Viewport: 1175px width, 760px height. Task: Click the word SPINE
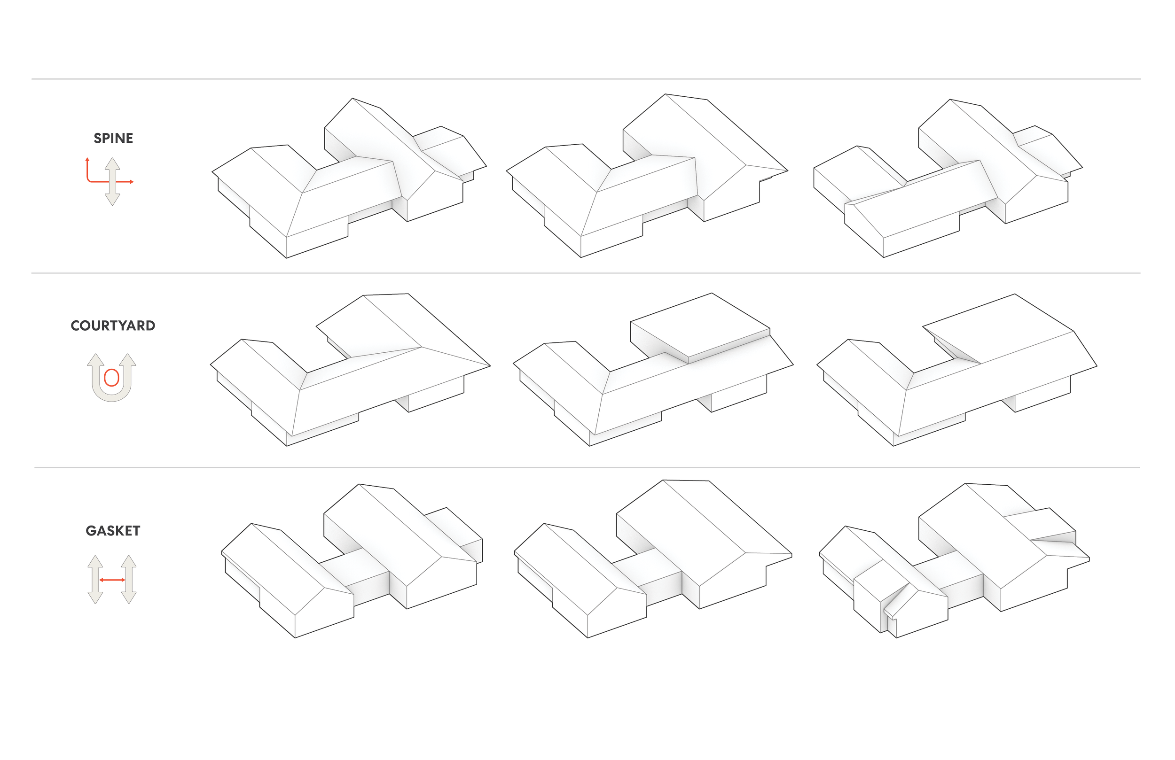pos(114,138)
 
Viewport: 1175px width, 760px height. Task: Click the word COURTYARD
pos(113,326)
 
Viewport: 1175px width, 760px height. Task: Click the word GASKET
pos(113,531)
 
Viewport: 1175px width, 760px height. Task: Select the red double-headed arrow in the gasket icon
pos(112,581)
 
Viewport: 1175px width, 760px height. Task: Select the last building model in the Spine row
pos(948,183)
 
